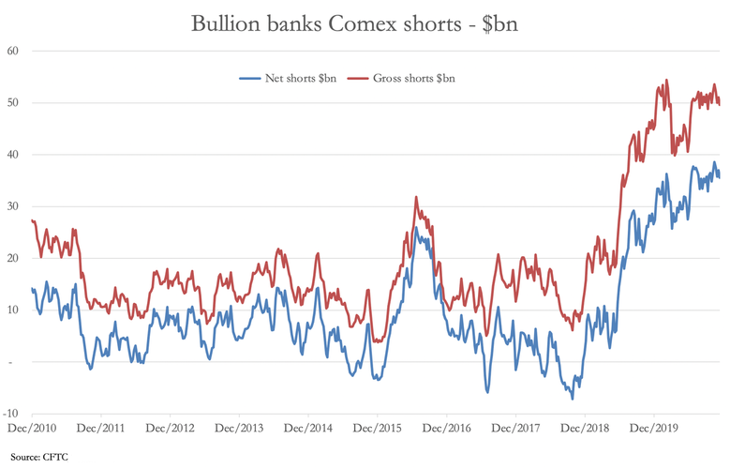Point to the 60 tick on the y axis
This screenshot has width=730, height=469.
pos(14,51)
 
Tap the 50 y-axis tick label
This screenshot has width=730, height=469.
pos(14,102)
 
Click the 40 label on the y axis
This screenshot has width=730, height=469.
pos(14,155)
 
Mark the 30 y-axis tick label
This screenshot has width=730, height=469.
pos(14,206)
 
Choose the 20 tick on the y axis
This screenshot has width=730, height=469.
pos(14,258)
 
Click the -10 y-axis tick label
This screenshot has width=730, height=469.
pos(12,414)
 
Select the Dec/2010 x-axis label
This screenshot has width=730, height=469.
pos(32,428)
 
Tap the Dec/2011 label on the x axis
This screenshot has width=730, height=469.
pos(101,428)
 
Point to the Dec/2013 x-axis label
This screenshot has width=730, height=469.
pos(239,428)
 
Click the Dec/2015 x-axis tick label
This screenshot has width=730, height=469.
pos(377,428)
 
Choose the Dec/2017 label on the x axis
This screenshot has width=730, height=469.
pos(514,428)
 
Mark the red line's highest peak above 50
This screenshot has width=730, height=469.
pos(665,81)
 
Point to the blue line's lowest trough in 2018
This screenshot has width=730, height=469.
pos(572,399)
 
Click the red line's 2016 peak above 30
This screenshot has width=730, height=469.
pos(415,197)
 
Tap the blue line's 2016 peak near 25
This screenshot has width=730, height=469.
pos(415,228)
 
